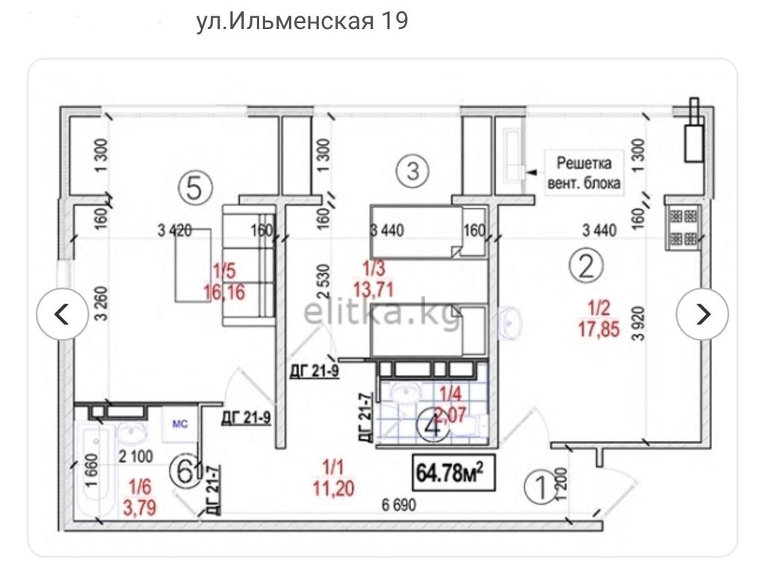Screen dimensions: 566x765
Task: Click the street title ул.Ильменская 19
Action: coord(302,22)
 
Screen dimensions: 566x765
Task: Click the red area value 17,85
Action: coord(598,328)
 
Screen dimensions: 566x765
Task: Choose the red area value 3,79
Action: coord(140,509)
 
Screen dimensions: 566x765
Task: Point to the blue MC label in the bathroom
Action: coord(180,423)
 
